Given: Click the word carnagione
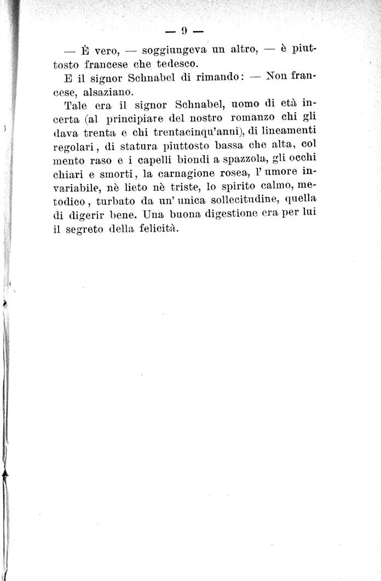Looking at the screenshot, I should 187,173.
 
